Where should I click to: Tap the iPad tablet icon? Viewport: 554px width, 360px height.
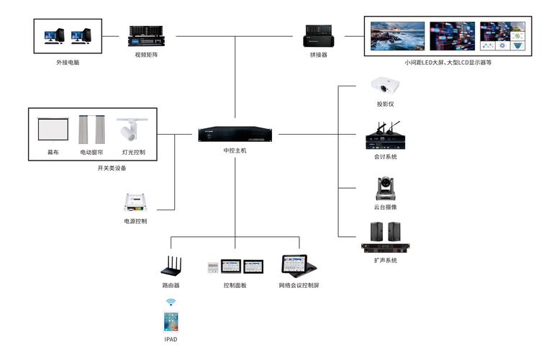(x=171, y=321)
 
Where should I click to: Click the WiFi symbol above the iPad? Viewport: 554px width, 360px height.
(x=171, y=302)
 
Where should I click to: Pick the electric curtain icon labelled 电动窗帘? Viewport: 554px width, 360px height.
(x=92, y=130)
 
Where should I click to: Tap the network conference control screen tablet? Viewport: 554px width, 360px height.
(x=298, y=265)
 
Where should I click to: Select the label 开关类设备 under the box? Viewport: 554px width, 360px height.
(x=112, y=168)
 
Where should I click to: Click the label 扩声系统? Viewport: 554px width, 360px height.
(x=385, y=260)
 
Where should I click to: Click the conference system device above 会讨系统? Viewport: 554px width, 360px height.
(x=382, y=137)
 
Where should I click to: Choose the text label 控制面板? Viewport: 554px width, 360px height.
(x=235, y=286)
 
